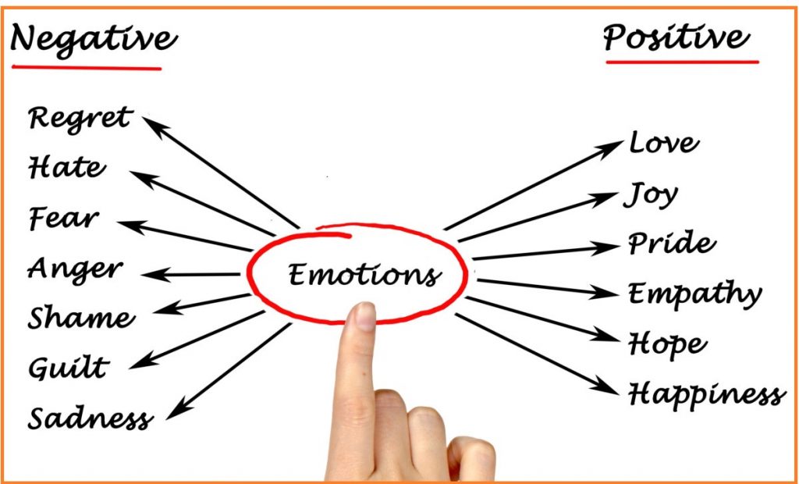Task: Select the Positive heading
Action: (676, 37)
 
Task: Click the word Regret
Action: (81, 119)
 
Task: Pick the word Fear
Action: (64, 218)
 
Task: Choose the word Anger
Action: (76, 269)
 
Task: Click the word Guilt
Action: (69, 368)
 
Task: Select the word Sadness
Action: (91, 418)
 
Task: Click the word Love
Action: (665, 142)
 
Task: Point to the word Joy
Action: (651, 195)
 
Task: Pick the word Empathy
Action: (695, 294)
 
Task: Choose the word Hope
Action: (668, 344)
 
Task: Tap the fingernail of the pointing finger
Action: (365, 315)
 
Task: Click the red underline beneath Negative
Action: (87, 67)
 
